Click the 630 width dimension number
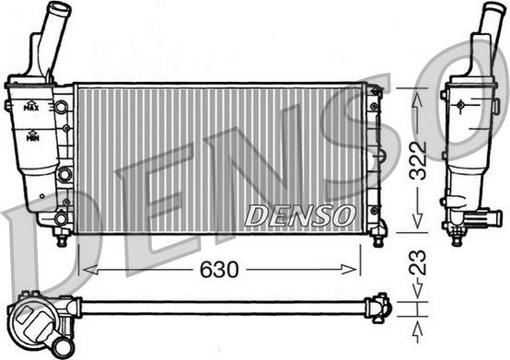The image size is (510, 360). coord(219,270)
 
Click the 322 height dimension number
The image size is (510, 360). coord(417,160)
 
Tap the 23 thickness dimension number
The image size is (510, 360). coord(417,261)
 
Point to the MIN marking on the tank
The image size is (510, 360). coord(32,136)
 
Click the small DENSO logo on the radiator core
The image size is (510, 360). coord(299,215)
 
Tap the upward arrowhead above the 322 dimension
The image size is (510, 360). coord(417,99)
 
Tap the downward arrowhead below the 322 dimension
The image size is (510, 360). coord(417,220)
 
